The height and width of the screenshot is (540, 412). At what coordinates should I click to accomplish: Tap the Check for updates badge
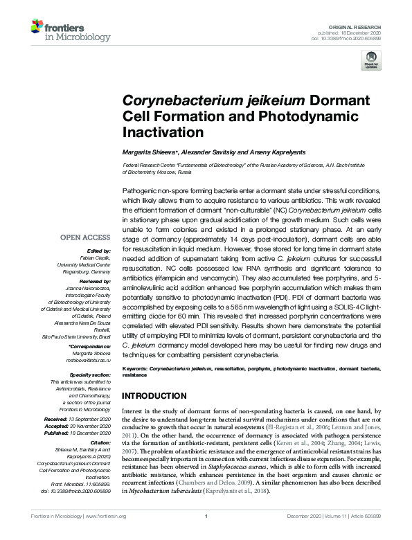pyautogui.click(x=372, y=59)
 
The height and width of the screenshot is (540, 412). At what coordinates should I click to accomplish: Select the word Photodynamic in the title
pyautogui.click(x=292, y=115)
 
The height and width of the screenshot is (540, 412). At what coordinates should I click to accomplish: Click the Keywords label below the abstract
pyautogui.click(x=134, y=370)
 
